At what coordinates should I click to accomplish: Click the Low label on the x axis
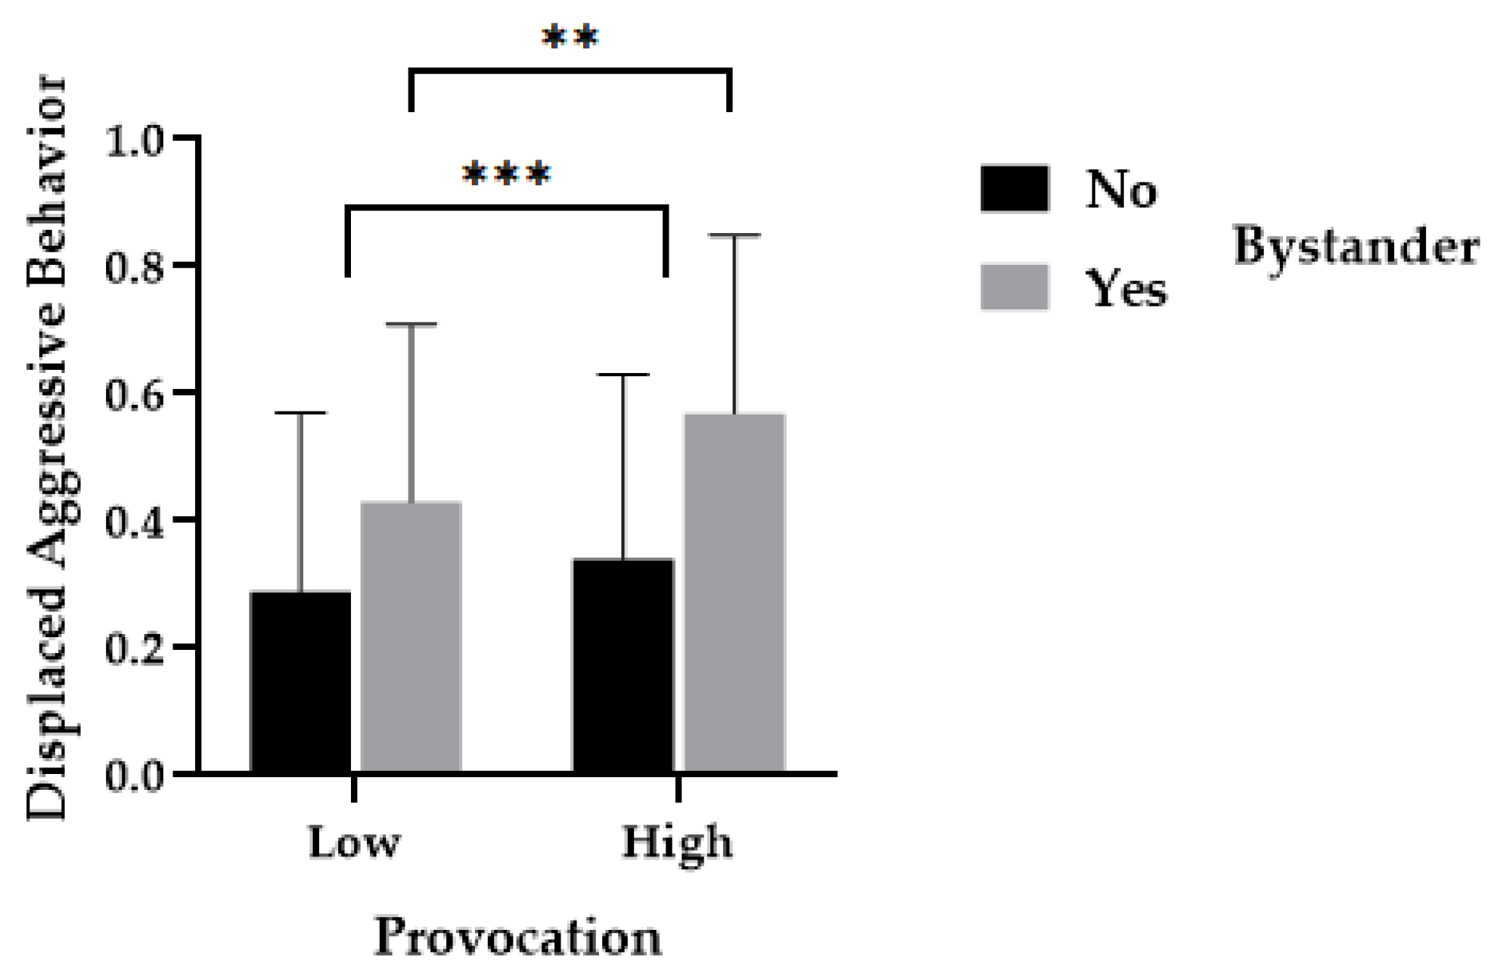click(x=353, y=842)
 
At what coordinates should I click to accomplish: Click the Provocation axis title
click(x=517, y=937)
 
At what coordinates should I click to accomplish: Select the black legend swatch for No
click(x=1014, y=188)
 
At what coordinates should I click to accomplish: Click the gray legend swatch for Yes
click(x=1014, y=288)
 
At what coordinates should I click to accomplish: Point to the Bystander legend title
click(x=1356, y=247)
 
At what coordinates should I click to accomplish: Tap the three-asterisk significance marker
click(x=506, y=175)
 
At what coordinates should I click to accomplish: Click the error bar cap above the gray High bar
click(x=734, y=235)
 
